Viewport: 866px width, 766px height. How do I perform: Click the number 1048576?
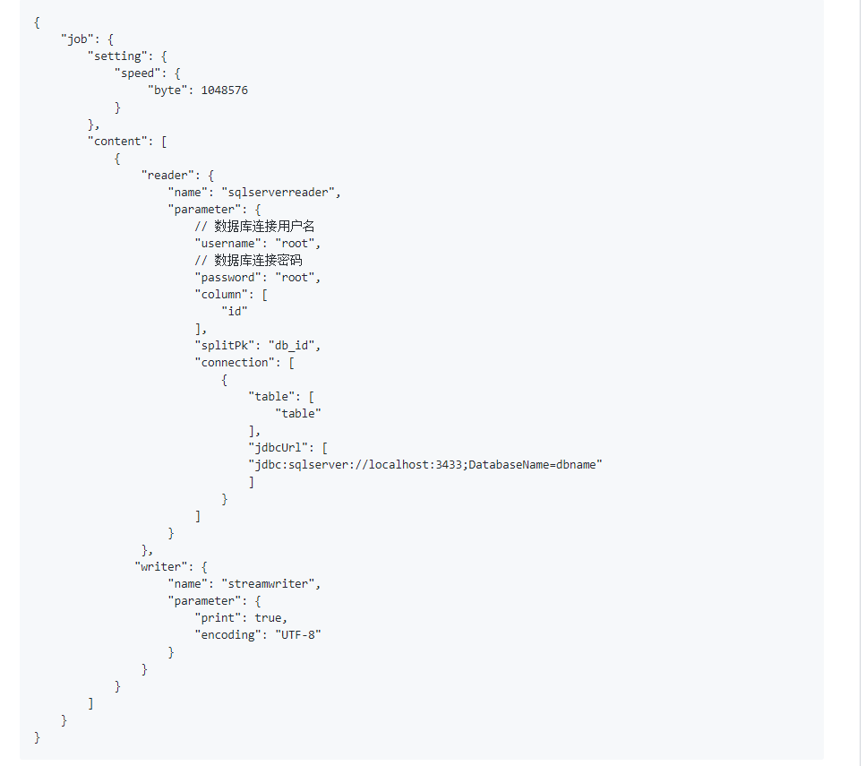click(224, 90)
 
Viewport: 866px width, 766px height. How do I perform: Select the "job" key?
click(77, 39)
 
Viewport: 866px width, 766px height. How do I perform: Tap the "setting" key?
click(117, 56)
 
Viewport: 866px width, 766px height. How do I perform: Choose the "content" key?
click(117, 142)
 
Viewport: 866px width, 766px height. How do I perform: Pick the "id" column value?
click(235, 312)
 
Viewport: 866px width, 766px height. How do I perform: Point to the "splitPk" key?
click(224, 346)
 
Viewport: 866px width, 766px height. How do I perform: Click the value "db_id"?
click(292, 346)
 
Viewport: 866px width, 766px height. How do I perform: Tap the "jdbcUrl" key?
click(278, 448)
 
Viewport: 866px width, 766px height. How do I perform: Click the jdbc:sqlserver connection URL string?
click(425, 465)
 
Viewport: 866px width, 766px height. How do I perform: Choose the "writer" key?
click(160, 567)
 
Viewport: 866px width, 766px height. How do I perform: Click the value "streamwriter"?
click(268, 584)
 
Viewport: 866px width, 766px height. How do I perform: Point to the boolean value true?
click(268, 618)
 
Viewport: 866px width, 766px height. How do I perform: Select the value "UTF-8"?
click(298, 635)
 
